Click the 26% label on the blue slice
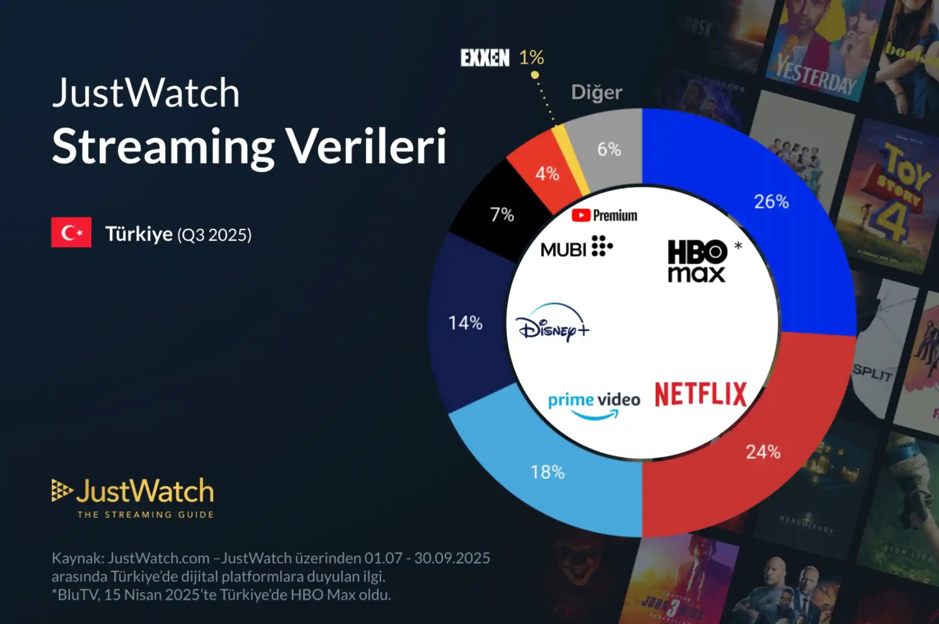pyautogui.click(x=771, y=202)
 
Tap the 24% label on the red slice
pyautogui.click(x=763, y=452)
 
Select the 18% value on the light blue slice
pyautogui.click(x=547, y=473)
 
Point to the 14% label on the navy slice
pyautogui.click(x=465, y=323)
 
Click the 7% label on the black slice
pyautogui.click(x=502, y=215)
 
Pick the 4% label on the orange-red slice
pyautogui.click(x=547, y=174)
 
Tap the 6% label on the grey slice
pyautogui.click(x=609, y=150)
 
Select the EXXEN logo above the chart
pyautogui.click(x=485, y=58)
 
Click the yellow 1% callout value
pyautogui.click(x=531, y=58)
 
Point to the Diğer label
pyautogui.click(x=596, y=92)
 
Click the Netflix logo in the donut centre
pyautogui.click(x=701, y=394)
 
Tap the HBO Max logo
pyautogui.click(x=697, y=261)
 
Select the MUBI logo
pyautogui.click(x=577, y=247)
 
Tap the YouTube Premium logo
pyautogui.click(x=604, y=216)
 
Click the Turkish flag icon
pyautogui.click(x=71, y=233)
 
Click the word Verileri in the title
pyautogui.click(x=367, y=146)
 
